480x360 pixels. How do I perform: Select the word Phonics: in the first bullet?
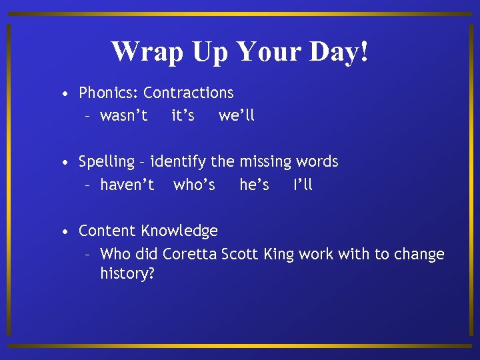point(109,93)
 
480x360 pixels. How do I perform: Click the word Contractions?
point(189,93)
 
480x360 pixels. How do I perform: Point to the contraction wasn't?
point(124,116)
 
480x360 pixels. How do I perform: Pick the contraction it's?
point(183,116)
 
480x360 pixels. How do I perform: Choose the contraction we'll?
point(237,116)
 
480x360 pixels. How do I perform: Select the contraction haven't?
point(127,185)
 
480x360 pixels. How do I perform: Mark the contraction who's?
point(194,185)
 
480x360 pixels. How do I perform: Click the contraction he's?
point(254,185)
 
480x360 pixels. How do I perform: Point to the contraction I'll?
point(303,185)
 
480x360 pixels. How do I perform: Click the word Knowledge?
point(179,231)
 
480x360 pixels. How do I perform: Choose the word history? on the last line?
point(127,274)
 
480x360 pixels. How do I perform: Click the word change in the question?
point(419,255)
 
